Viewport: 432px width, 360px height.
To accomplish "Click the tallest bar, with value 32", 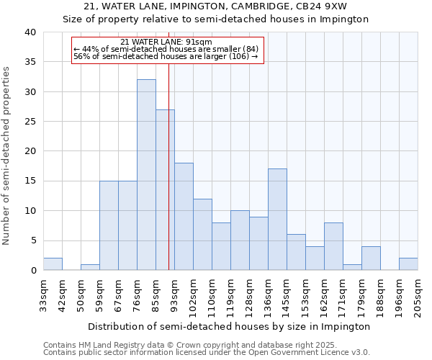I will coord(146,175).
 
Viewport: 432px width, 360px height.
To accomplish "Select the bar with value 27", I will coord(165,190).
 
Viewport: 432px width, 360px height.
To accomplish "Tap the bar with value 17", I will coord(277,220).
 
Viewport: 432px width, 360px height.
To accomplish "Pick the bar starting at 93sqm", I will coord(184,217).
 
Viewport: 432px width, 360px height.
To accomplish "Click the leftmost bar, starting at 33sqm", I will coord(53,264).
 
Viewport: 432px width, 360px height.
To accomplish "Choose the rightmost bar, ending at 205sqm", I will coord(408,264).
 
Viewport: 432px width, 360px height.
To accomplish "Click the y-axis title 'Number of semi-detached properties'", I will coord(7,155).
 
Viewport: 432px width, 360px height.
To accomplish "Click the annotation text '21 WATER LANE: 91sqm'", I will coord(166,42).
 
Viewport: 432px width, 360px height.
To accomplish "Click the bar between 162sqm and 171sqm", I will coord(333,246).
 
